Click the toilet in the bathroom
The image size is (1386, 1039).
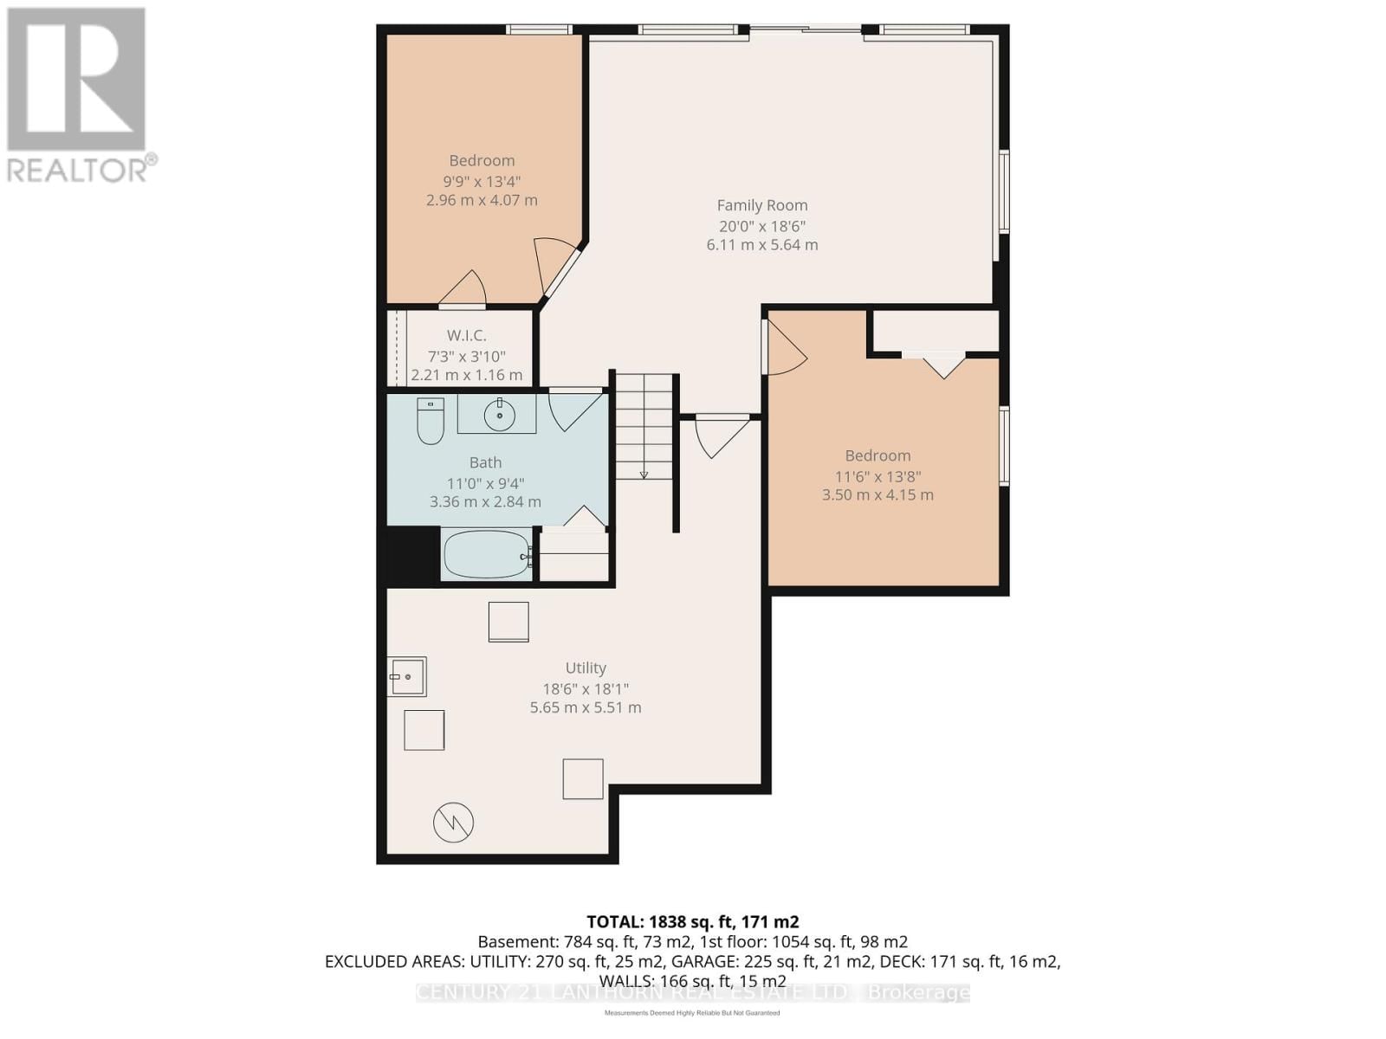[431, 421]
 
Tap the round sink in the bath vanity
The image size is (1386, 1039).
[499, 416]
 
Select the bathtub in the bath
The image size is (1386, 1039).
[486, 554]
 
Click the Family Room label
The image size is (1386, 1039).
[761, 205]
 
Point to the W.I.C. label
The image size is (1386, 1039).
[466, 335]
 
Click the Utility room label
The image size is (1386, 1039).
[586, 668]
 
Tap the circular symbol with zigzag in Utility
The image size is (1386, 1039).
[453, 822]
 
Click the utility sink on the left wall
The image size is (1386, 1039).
[406, 676]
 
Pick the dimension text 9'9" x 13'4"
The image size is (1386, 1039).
[482, 181]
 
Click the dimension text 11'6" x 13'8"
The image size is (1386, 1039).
[878, 476]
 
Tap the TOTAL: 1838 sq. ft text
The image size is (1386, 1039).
[692, 922]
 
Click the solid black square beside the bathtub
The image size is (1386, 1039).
[412, 555]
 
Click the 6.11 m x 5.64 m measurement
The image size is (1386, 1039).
[761, 245]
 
